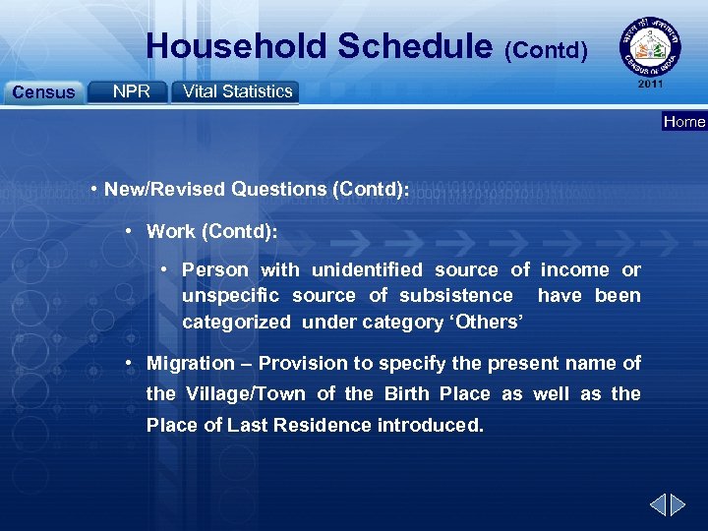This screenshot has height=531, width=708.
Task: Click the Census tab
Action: click(42, 92)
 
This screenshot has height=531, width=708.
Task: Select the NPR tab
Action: click(131, 91)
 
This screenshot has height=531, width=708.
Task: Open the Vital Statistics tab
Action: click(237, 91)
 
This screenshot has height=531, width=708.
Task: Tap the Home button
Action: click(684, 122)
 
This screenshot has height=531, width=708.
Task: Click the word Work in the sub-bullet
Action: click(171, 232)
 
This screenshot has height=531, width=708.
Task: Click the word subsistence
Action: click(455, 295)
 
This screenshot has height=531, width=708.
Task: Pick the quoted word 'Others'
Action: click(484, 322)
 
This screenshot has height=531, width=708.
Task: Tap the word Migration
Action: click(191, 364)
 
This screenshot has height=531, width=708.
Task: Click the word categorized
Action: click(236, 322)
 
